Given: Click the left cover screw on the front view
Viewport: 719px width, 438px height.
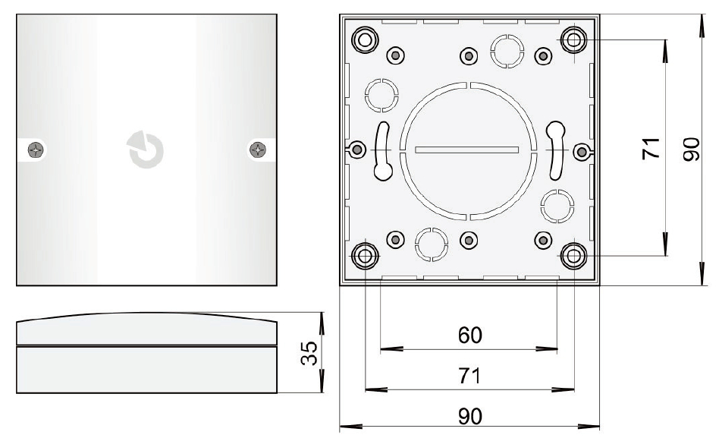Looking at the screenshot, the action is coord(36,150).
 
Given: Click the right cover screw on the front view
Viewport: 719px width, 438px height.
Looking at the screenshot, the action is coord(258,150).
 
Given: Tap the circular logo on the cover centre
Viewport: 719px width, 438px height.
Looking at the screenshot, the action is coord(146,150).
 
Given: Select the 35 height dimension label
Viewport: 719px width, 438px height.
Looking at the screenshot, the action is coord(309,353).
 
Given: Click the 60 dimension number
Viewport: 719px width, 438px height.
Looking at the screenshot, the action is coord(470,336).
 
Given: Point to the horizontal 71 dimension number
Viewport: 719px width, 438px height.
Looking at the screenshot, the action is coord(470,376).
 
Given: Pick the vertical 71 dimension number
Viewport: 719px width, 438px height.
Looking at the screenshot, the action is coord(651,148).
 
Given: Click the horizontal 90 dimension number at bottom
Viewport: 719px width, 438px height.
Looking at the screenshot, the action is coord(470,417).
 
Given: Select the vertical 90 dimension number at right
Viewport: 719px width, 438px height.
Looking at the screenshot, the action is coord(692,150).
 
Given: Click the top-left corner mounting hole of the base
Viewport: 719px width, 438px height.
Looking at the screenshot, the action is coord(365,40).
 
